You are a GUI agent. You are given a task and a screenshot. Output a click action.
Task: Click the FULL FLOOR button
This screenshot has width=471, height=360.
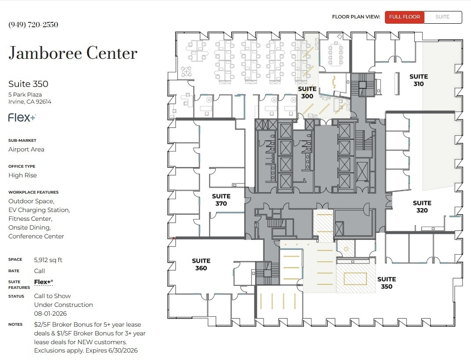coord(405,17)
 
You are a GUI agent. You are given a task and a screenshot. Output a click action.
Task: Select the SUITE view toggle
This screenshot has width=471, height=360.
coord(442,17)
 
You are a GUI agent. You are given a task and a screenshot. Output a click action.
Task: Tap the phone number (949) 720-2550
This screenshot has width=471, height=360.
coord(33,25)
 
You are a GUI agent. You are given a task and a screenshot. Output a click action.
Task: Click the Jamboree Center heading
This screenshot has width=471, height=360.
coord(73,54)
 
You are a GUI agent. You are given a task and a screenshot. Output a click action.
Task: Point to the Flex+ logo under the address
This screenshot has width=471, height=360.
coord(22,118)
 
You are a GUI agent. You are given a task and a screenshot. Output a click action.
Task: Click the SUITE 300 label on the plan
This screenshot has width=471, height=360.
coord(307,93)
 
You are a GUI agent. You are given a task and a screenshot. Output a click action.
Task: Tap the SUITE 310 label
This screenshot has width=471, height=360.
coord(418,80)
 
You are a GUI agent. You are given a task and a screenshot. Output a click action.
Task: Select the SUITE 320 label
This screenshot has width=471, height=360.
coord(422,206)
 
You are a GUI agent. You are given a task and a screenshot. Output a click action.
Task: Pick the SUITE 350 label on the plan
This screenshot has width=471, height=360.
coord(387,283)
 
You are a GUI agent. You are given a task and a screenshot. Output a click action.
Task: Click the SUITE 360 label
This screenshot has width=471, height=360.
coord(201,264)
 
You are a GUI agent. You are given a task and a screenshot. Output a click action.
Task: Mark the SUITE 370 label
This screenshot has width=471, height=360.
coord(221,200)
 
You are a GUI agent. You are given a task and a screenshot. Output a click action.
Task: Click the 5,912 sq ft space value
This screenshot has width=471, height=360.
coord(48,260)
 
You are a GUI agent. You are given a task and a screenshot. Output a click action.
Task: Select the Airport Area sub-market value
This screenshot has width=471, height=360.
coord(26,149)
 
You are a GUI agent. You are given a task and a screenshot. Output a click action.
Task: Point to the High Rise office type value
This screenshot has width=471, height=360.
coord(22,175)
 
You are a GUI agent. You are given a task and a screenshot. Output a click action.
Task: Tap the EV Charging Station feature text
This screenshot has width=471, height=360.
coord(39,210)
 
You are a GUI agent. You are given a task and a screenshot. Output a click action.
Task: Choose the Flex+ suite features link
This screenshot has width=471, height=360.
coord(43,282)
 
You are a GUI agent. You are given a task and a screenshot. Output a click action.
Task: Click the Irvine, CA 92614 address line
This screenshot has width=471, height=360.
coord(30,102)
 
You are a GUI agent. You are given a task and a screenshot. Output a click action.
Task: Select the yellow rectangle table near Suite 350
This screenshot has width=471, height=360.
coord(355,278)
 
